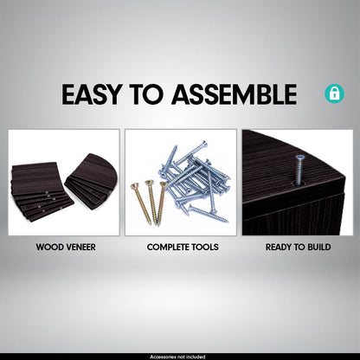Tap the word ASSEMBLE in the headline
(234, 94)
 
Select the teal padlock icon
(334, 93)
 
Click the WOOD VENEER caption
(66, 247)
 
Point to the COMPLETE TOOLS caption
(183, 247)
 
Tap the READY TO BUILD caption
(298, 247)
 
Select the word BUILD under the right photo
(319, 247)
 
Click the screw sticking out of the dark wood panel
(299, 170)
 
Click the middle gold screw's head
(149, 183)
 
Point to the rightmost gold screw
(161, 202)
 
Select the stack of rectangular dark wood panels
(42, 190)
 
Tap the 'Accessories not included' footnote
(177, 357)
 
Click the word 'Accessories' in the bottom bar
(160, 357)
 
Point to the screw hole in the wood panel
(298, 183)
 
